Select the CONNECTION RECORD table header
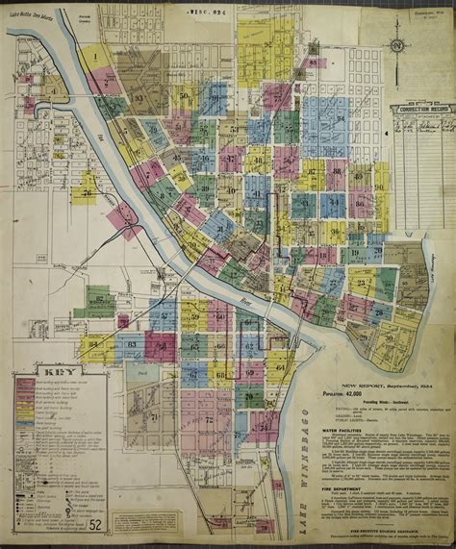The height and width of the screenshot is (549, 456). (x=422, y=111)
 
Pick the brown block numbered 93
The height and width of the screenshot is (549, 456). (x=139, y=97)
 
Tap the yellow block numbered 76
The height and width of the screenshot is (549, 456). (x=88, y=191)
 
